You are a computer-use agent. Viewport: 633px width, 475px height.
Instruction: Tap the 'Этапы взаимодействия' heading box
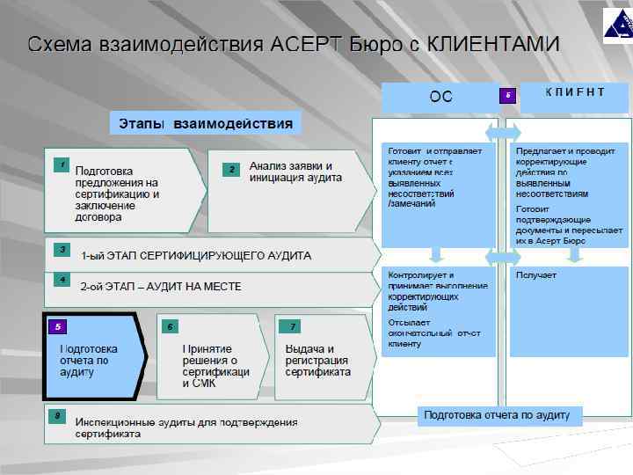pos(205,123)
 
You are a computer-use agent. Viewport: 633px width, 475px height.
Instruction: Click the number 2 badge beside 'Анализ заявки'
pos(230,168)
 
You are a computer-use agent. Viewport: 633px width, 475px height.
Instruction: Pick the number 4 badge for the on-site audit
pos(60,279)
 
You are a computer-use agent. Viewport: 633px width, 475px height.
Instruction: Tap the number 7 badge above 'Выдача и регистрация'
pos(289,326)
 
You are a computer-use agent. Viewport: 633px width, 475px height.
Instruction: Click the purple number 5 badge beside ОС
pos(507,95)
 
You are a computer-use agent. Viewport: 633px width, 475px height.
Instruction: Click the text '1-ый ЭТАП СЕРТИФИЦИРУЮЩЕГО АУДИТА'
pos(195,256)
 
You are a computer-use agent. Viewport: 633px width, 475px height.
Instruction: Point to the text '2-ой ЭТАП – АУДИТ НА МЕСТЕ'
pos(160,287)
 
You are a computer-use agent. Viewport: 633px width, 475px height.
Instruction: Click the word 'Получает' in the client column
pos(536,275)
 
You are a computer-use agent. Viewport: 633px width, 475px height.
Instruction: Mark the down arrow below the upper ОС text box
pos(437,256)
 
